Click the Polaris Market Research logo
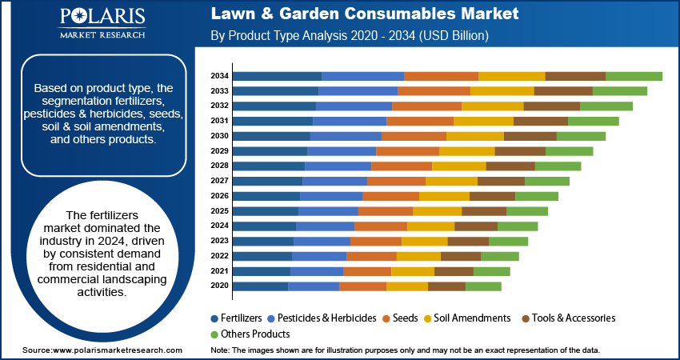click(101, 23)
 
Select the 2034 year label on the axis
click(220, 76)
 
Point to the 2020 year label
click(220, 286)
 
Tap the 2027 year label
click(220, 181)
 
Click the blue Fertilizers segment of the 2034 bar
click(278, 76)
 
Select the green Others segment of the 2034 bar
click(634, 76)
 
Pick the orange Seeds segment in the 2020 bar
click(362, 286)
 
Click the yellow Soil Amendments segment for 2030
click(474, 136)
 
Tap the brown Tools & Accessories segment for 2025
click(483, 211)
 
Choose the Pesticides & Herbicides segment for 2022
click(319, 256)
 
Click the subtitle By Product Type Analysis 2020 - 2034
click(350, 37)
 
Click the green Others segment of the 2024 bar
click(517, 226)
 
